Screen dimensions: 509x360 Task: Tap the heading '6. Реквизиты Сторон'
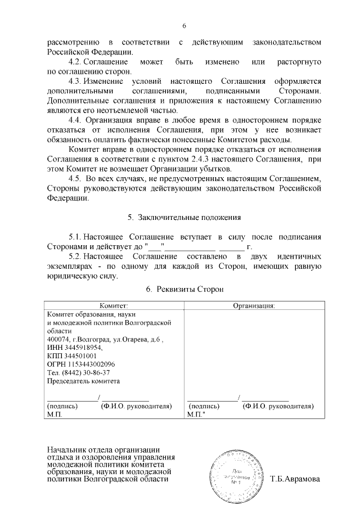click(184, 289)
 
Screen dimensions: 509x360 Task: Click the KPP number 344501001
click(72, 356)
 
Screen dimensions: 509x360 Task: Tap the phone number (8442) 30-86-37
click(78, 372)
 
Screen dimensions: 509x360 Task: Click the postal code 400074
click(57, 340)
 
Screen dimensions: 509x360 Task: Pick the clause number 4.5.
click(75, 179)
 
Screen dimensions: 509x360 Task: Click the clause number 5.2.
click(76, 256)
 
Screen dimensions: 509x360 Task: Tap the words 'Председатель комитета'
click(83, 380)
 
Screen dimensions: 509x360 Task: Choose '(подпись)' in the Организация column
click(205, 406)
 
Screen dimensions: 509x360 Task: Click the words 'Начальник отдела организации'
click(103, 451)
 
